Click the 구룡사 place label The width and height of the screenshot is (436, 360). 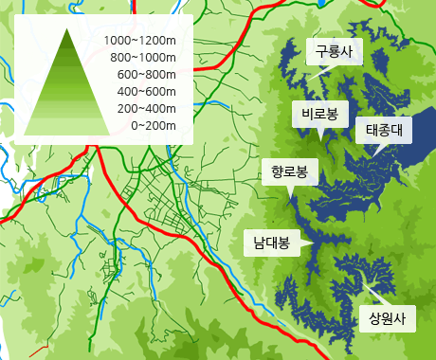point(335,53)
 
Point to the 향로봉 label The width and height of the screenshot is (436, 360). point(289,171)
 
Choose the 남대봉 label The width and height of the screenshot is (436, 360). point(270,243)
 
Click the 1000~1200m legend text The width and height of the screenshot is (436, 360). point(141,41)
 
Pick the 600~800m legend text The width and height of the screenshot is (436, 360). point(147,75)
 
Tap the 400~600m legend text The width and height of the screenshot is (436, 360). point(147,92)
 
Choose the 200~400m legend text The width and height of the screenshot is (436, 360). point(147,109)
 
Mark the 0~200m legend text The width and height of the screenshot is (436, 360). point(154,126)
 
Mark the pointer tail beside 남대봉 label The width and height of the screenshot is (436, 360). point(307,248)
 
